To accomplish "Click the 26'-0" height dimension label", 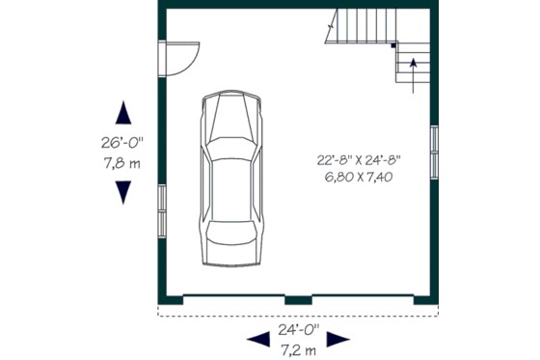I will coord(122,143).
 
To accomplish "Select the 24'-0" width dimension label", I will coord(298,328).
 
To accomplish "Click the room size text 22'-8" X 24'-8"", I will coord(358,160).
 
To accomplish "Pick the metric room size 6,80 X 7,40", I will coord(358,177).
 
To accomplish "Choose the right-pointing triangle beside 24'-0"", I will coord(337,338).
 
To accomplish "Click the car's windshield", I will coord(231,154).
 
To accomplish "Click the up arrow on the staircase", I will coord(414,69).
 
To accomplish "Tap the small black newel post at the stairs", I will coord(394,43).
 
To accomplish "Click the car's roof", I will coord(231,193).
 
